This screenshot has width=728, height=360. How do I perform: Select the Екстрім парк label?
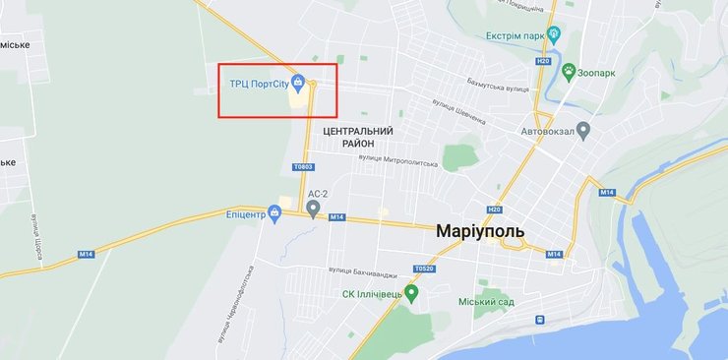click(x=515, y=35)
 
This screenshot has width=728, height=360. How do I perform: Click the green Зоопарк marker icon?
click(x=569, y=71)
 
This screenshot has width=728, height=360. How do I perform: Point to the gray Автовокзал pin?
click(x=583, y=129)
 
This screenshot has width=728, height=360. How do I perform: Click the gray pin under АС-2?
click(x=313, y=207)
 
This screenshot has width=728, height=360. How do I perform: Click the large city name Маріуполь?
click(x=479, y=231)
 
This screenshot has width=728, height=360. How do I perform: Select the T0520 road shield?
click(x=424, y=268)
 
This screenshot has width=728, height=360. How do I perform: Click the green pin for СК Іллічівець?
click(x=412, y=292)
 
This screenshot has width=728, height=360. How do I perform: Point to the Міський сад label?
click(x=486, y=301)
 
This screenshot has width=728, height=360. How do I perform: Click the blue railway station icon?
click(x=539, y=320)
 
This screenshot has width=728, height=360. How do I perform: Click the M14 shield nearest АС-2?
click(x=337, y=216)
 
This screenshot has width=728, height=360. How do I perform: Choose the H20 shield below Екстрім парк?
click(x=543, y=61)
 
